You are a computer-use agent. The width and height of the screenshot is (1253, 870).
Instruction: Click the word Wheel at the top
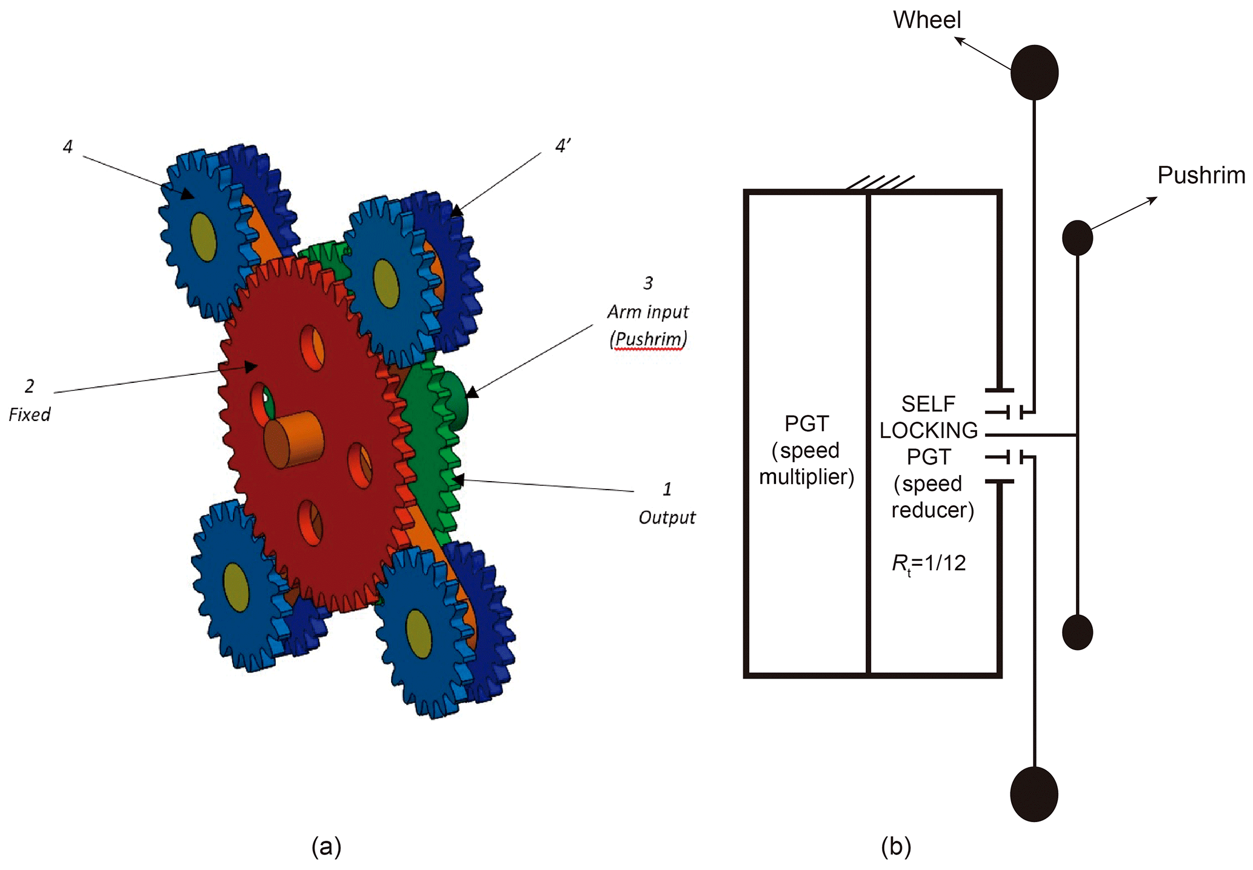[x=926, y=20]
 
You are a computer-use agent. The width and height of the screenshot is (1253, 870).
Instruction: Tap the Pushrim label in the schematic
[x=1201, y=175]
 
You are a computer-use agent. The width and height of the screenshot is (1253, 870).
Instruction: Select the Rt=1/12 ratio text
[x=928, y=563]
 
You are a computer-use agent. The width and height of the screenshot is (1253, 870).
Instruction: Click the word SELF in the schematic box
[x=928, y=403]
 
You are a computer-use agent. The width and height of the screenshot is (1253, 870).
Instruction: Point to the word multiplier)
[x=806, y=477]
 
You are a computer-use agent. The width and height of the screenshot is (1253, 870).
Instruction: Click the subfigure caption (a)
[x=326, y=846]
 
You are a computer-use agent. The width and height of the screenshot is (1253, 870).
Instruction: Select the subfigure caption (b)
[x=896, y=846]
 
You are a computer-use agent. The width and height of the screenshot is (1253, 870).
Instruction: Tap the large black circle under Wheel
[x=1034, y=72]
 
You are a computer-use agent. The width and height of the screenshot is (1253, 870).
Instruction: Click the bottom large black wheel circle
[x=1034, y=794]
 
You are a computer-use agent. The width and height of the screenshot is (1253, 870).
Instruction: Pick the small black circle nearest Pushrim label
[x=1077, y=237]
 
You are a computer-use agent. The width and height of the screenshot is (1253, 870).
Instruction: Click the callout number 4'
[x=563, y=146]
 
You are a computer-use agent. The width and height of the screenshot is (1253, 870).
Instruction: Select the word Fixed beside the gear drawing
[x=29, y=415]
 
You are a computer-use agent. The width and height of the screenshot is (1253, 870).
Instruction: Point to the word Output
[x=667, y=518]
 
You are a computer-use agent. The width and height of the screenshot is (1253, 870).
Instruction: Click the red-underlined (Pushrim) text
[x=648, y=339]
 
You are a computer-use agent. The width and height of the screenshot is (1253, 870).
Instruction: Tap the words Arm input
[x=648, y=312]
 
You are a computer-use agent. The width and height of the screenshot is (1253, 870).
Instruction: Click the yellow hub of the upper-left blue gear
[x=203, y=237]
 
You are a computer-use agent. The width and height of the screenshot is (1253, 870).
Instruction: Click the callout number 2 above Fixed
[x=29, y=386]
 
